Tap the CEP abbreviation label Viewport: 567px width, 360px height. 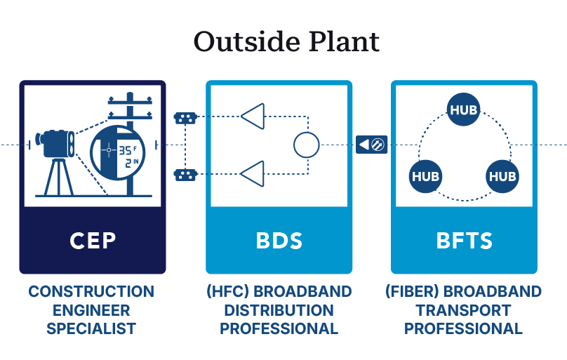pyautogui.click(x=93, y=241)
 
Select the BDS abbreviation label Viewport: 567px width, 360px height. pyautogui.click(x=279, y=241)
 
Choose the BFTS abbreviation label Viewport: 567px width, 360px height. pyautogui.click(x=464, y=241)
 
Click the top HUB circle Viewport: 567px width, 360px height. pyautogui.click(x=464, y=110)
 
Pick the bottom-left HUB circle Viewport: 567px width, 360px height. pyautogui.click(x=425, y=175)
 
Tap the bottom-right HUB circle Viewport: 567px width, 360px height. pyautogui.click(x=502, y=175)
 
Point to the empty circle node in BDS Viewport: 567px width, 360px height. pyautogui.click(x=306, y=145)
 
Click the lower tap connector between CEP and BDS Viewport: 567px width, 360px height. pyautogui.click(x=185, y=173)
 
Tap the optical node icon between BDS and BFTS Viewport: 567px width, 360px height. pyautogui.click(x=371, y=145)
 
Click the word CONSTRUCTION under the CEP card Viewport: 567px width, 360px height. pyautogui.click(x=91, y=291)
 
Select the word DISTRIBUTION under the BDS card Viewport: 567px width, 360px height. pyautogui.click(x=279, y=309)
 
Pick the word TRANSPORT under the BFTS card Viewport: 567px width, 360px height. pyautogui.click(x=464, y=309)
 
